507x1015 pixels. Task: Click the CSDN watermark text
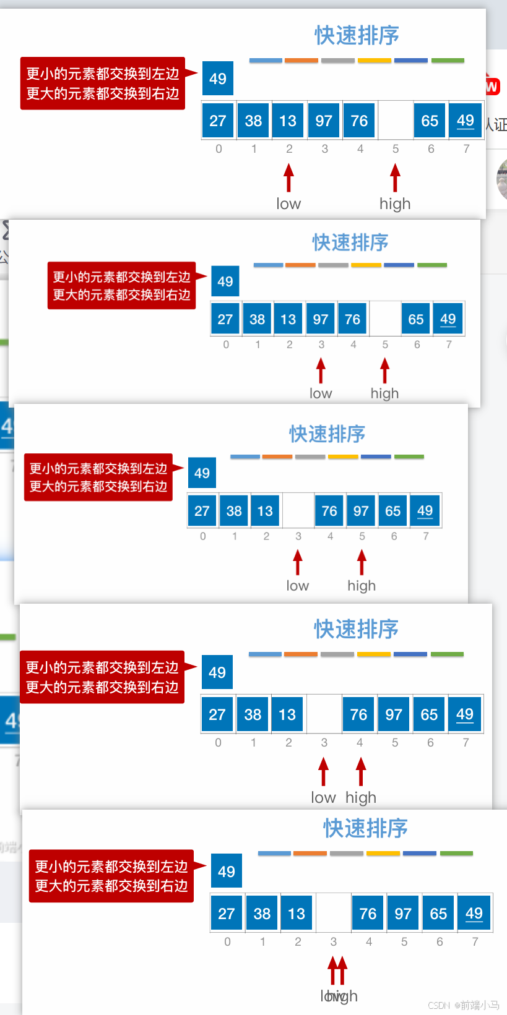[x=463, y=1005]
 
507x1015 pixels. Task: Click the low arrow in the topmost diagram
[x=288, y=178]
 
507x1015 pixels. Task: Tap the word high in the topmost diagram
[x=395, y=203]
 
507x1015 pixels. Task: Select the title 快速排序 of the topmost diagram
[x=357, y=36]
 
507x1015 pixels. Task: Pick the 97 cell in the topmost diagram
[x=324, y=121]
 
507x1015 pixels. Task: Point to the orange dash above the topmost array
[x=301, y=61]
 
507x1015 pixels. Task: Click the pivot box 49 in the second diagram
[x=225, y=281]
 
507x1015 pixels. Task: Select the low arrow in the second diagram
[x=321, y=371]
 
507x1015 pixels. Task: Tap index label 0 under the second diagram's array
[x=226, y=345]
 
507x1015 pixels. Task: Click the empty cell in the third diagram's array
[x=298, y=511]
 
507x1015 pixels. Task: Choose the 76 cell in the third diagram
[x=329, y=511]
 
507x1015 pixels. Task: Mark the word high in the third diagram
[x=362, y=585]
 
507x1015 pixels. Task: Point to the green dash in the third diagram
[x=409, y=456]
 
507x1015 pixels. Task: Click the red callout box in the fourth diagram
[x=102, y=677]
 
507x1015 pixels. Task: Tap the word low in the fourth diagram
[x=323, y=797]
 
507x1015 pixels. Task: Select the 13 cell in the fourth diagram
[x=287, y=714]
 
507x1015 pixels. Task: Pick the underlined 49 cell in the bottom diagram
[x=474, y=914]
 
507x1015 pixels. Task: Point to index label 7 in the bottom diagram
[x=475, y=941]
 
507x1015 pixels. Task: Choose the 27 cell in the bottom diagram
[x=227, y=914]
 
